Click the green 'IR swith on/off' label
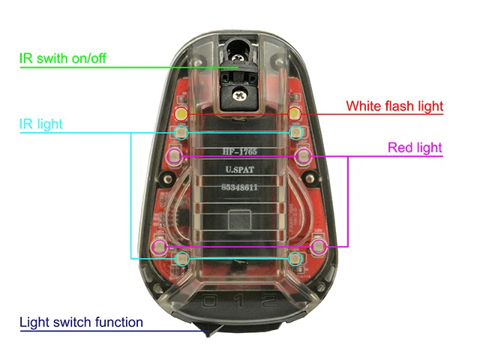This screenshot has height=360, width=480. point(63,58)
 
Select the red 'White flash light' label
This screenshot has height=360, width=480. point(394,106)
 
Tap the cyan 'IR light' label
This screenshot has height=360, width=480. point(40,124)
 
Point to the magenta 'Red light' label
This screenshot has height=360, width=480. point(415,148)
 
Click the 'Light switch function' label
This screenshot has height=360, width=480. point(81,322)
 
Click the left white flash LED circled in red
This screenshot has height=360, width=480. point(181,114)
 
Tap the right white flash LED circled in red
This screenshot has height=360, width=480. point(295,114)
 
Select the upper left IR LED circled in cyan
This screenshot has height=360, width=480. point(181,133)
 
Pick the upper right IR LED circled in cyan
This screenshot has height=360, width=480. point(295,133)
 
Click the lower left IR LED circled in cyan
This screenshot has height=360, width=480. point(182,259)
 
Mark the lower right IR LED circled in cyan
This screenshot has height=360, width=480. point(295,259)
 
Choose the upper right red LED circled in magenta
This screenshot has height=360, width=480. point(303,156)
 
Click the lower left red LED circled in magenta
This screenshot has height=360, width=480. point(160,247)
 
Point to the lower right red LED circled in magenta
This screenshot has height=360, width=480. point(319,247)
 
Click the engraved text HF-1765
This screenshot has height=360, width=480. point(239,151)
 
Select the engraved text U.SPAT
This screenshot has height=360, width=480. point(240,169)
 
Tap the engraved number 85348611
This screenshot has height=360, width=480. point(239,187)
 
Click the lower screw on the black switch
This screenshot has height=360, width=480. point(239,95)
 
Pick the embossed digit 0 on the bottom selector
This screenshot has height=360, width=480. point(210,301)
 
